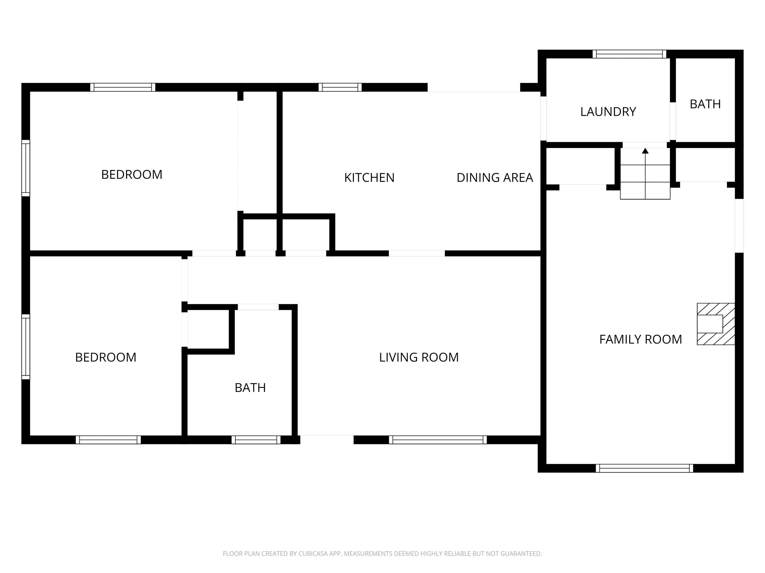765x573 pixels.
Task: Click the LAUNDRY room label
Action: coord(608,112)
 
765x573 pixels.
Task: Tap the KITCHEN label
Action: coord(369,178)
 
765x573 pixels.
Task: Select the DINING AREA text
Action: coord(495,178)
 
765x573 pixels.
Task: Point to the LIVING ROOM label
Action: coord(419,357)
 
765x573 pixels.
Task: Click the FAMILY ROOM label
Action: coord(640,339)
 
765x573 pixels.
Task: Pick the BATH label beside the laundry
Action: coord(705,104)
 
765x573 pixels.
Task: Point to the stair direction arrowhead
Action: coord(645,151)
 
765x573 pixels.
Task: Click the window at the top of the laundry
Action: coord(630,54)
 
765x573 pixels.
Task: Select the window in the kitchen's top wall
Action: coord(340,87)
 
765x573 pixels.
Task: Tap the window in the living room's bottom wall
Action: coord(438,440)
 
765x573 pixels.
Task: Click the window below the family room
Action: coord(644,468)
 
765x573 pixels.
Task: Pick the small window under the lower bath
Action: coord(256,440)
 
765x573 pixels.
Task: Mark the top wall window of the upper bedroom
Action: coord(123,87)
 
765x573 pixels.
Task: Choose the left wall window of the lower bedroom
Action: coord(26,347)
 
